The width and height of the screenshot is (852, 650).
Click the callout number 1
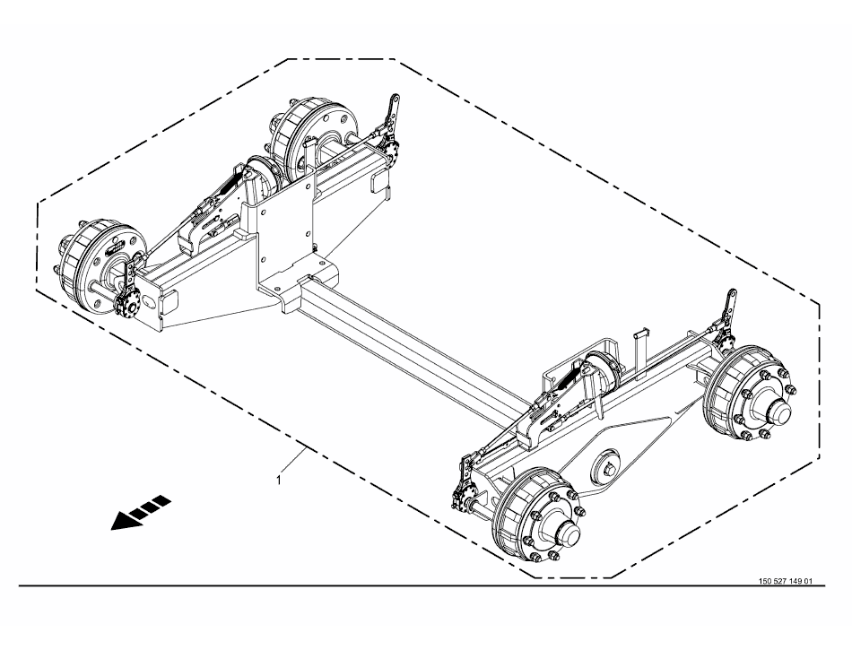(279, 480)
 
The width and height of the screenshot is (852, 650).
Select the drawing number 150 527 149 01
(785, 581)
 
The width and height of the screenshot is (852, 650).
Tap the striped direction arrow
(142, 512)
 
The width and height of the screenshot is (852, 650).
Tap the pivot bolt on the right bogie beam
(607, 466)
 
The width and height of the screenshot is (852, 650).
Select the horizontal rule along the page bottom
(422, 586)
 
